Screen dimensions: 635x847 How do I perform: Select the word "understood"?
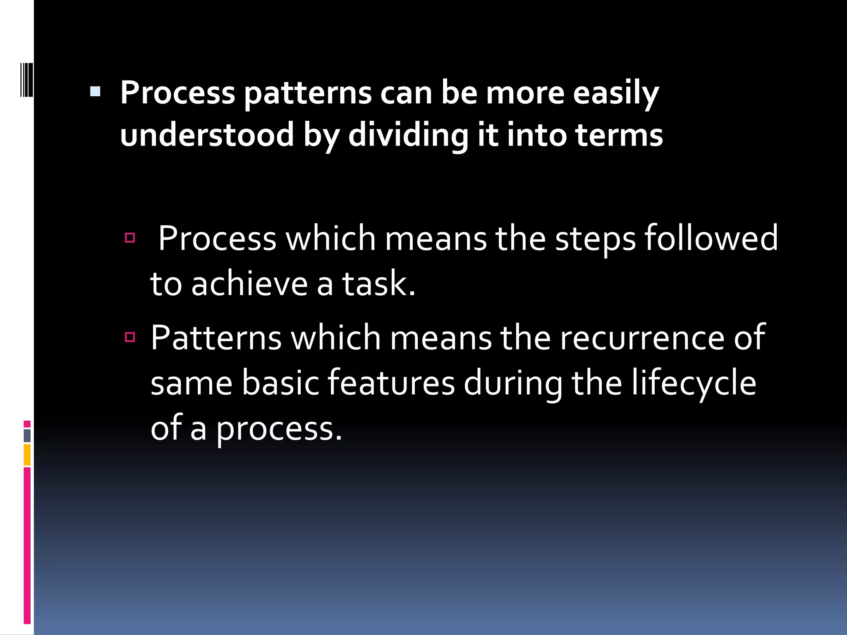207,135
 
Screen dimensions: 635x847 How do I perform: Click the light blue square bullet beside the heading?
95,91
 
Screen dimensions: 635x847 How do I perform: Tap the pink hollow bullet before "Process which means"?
130,238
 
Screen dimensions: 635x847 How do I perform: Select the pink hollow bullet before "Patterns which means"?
130,337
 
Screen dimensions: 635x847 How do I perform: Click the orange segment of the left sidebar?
27,454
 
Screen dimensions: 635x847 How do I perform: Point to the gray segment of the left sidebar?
27,435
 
